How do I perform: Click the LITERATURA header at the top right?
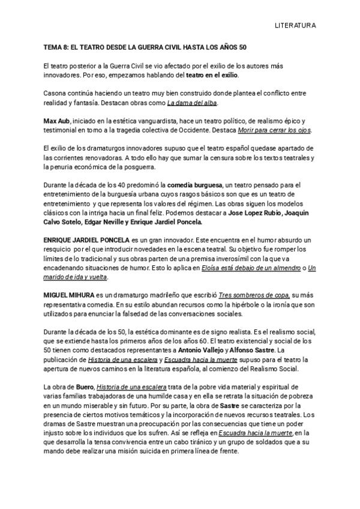(295, 26)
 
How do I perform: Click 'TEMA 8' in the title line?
(56, 47)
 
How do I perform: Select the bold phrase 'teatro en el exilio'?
(211, 75)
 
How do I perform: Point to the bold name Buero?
(85, 388)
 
